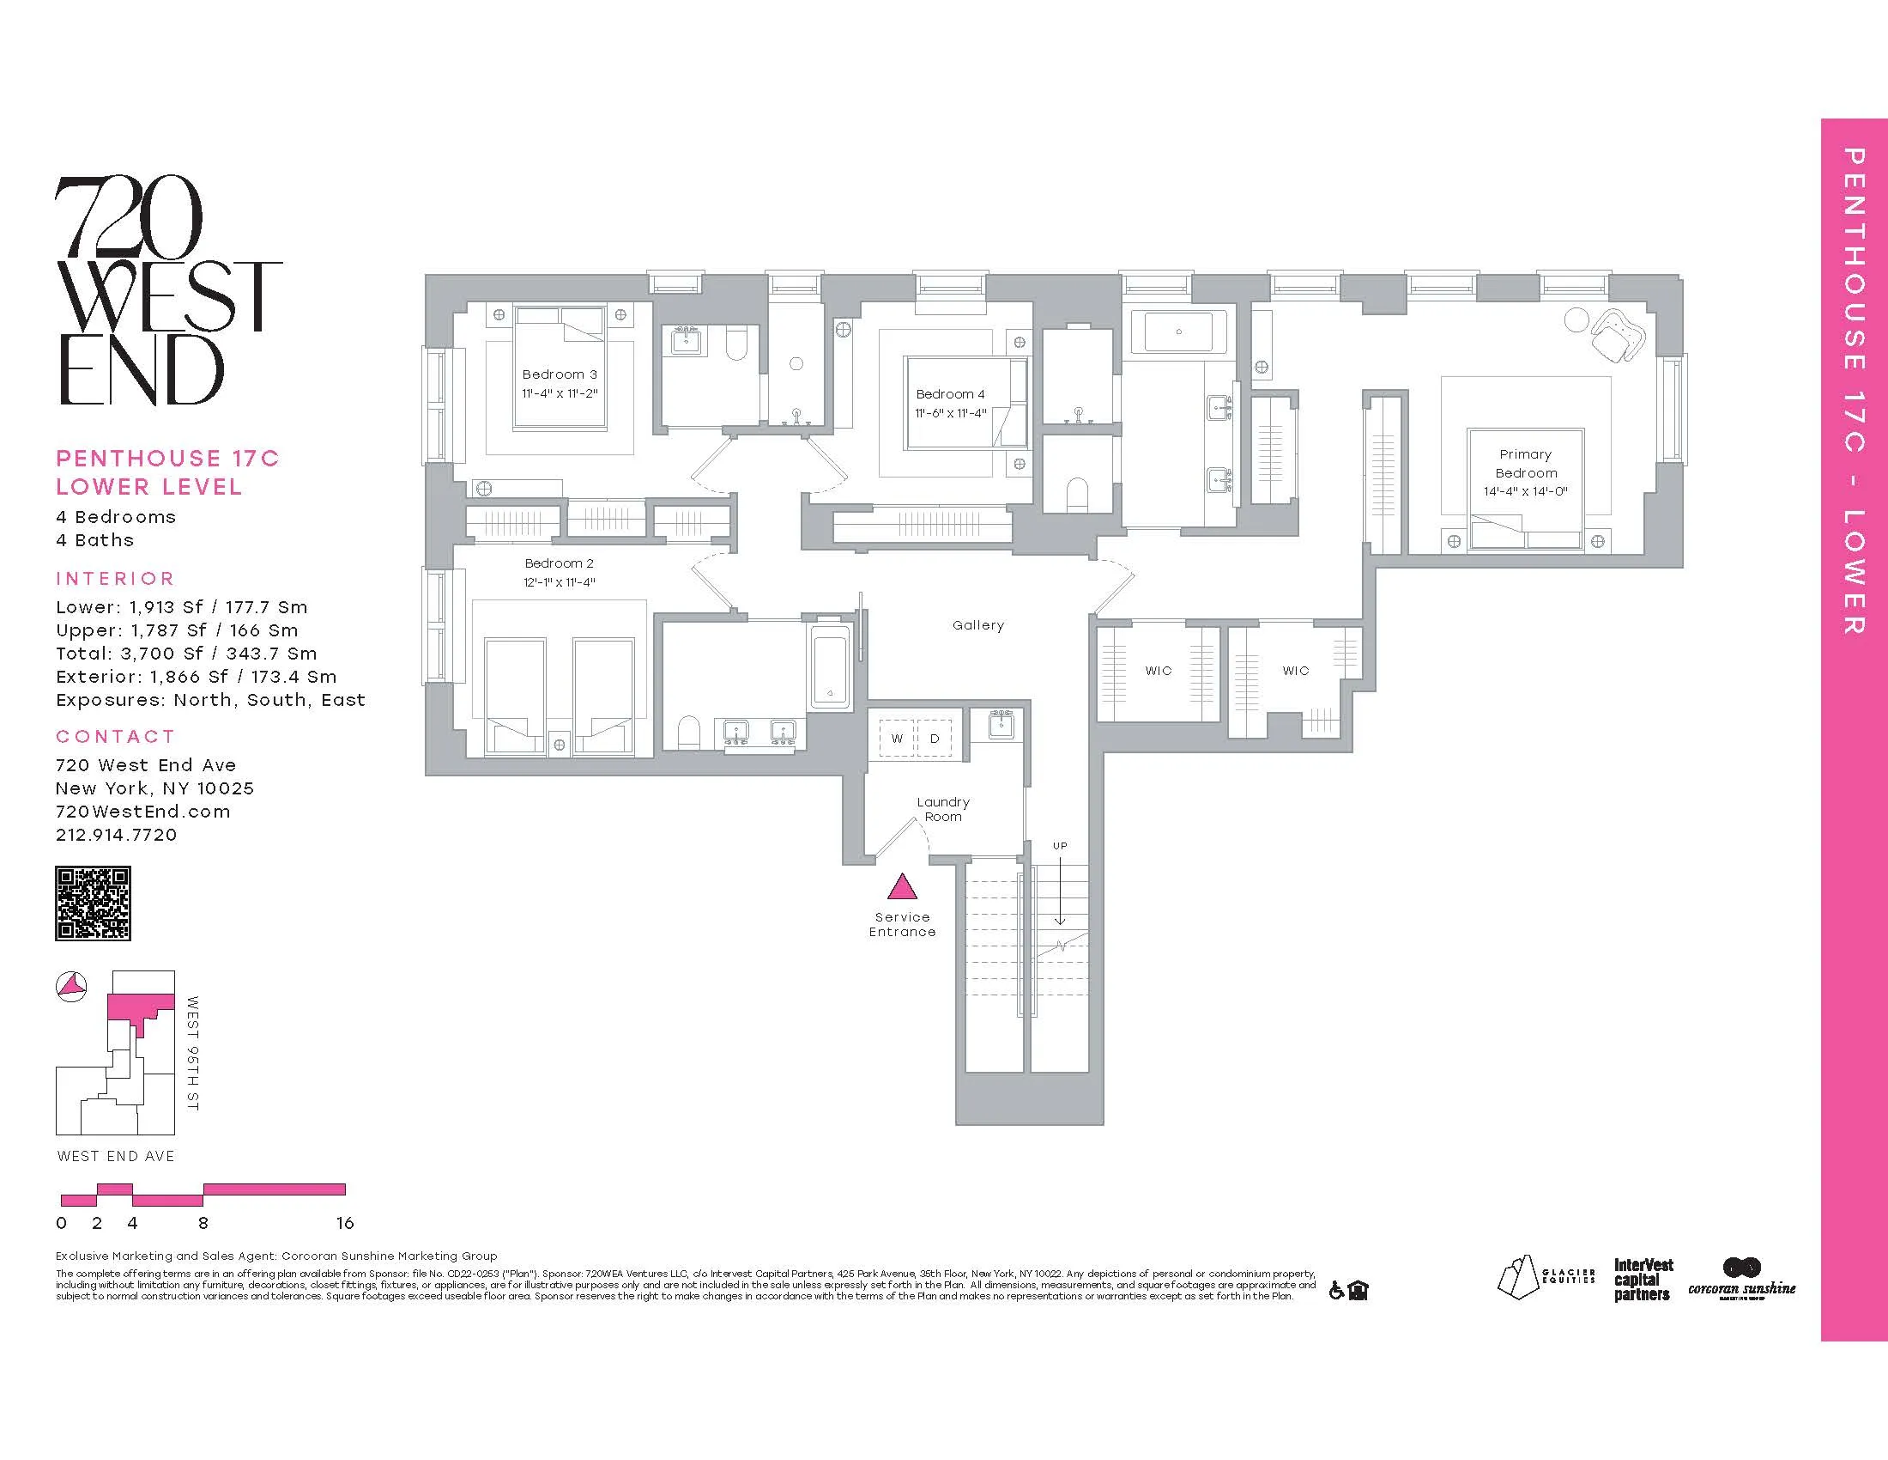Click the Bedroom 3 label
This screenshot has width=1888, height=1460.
[560, 374]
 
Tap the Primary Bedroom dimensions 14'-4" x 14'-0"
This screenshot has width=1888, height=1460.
[1525, 491]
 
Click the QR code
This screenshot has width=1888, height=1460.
[93, 903]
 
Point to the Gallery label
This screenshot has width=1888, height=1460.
[977, 625]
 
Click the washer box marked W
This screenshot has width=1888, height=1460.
[898, 738]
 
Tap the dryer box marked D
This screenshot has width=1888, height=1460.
[935, 738]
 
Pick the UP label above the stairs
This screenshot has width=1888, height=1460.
[1060, 845]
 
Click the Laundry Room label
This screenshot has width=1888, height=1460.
[942, 809]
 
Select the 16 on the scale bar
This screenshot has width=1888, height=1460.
[345, 1223]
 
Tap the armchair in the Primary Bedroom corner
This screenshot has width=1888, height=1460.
[1615, 338]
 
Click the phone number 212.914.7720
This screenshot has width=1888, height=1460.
[116, 835]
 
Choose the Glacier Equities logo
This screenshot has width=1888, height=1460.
[1545, 1279]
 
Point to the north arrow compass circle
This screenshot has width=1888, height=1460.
[72, 986]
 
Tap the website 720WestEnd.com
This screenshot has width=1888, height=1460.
[142, 812]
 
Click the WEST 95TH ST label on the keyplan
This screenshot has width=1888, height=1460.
[192, 1053]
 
